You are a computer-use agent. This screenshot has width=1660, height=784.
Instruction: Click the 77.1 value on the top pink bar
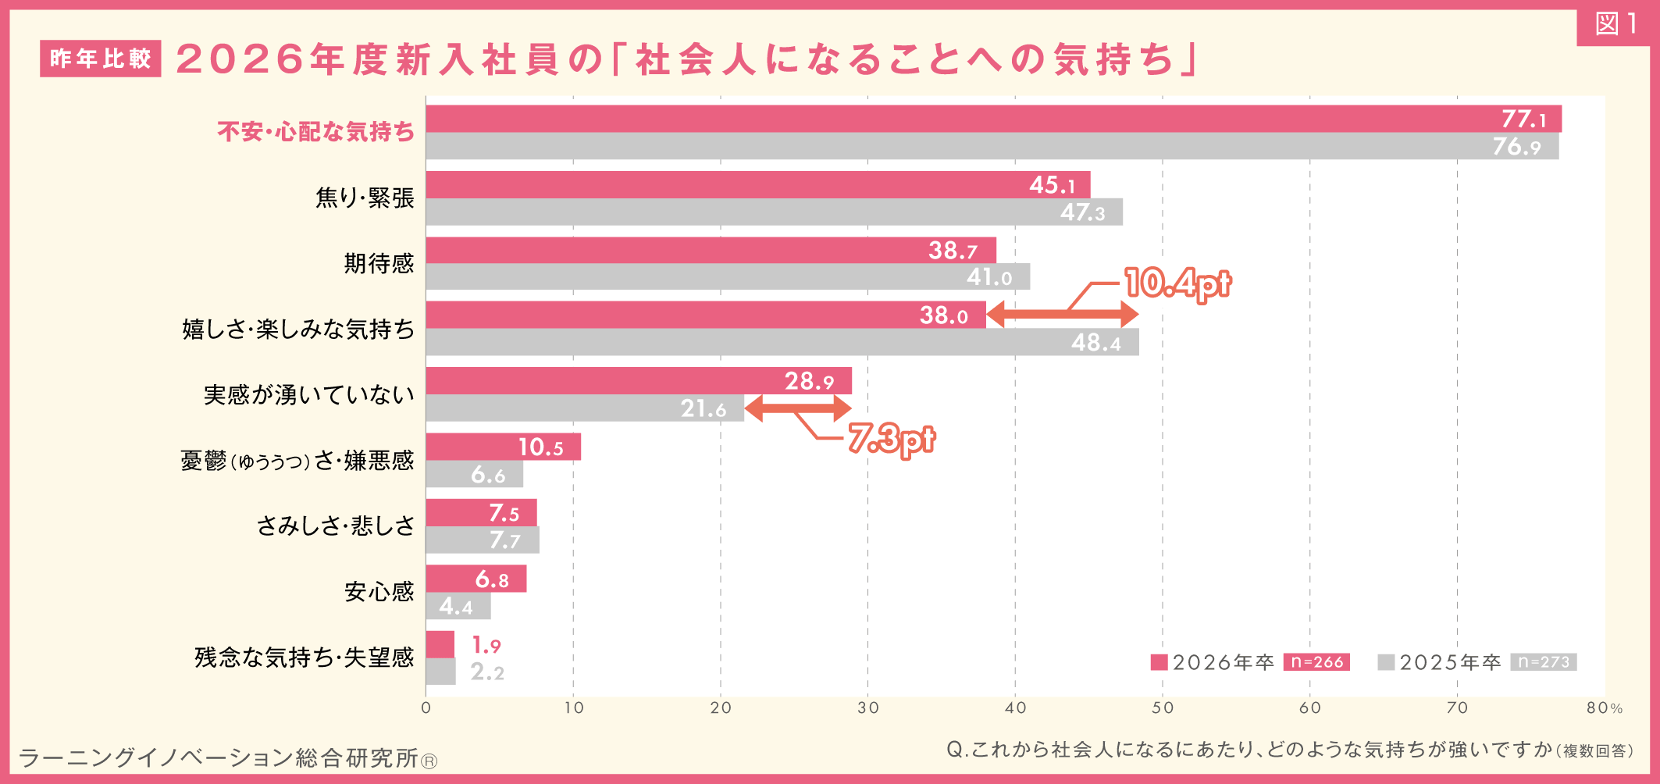point(1523,119)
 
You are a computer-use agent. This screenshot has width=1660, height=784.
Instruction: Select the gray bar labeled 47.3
point(773,212)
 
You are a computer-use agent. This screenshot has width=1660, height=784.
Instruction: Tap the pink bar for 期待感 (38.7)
point(711,250)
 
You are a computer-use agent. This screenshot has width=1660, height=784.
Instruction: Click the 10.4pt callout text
point(1177,283)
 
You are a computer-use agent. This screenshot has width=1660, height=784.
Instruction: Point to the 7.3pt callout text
point(891,439)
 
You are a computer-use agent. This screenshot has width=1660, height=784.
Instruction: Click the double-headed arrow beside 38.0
point(1063,315)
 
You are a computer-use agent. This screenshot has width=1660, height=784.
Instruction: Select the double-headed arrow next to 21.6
point(797,408)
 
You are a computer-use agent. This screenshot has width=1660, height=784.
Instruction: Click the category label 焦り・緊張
point(365,198)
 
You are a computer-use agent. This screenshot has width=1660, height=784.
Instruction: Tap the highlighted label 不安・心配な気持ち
point(315,132)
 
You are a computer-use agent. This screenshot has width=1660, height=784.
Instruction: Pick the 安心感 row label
point(379,592)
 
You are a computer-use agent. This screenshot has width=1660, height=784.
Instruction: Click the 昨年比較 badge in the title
point(100,59)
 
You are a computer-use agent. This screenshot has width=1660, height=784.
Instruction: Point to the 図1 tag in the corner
point(1616,24)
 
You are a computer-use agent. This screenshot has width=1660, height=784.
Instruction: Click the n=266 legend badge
point(1316,662)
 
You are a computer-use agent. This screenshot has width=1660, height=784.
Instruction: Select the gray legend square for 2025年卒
point(1386,662)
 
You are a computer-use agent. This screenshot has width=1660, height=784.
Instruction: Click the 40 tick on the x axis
point(1015,708)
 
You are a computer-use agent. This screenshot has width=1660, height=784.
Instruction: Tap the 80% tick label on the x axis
point(1604,708)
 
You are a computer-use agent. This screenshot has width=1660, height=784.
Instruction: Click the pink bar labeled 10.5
point(503,447)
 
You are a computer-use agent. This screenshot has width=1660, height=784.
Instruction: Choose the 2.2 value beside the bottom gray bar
point(487,672)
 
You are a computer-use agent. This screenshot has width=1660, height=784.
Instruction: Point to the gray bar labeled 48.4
point(781,342)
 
